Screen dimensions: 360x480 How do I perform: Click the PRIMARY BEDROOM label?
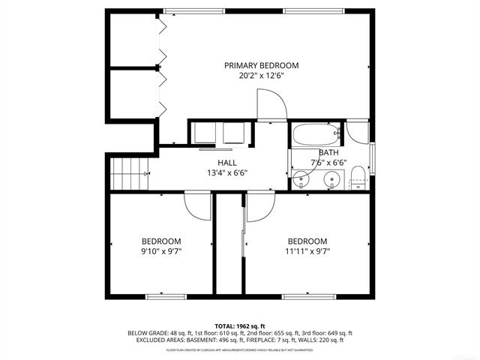[262, 65]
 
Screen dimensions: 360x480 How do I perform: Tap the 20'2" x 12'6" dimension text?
[262, 76]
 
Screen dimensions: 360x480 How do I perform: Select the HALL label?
[227, 163]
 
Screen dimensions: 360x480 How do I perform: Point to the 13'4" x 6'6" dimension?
[227, 173]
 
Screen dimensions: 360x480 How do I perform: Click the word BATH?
[328, 152]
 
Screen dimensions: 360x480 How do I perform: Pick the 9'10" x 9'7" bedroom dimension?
[161, 251]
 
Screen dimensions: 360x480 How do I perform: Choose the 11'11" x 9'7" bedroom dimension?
[307, 251]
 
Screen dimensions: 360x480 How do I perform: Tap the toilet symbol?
[357, 178]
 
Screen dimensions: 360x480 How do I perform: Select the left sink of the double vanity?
[303, 179]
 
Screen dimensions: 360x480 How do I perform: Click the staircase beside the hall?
[130, 174]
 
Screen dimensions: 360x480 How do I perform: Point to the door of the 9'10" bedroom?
[198, 205]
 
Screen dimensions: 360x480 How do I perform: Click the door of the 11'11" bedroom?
[259, 205]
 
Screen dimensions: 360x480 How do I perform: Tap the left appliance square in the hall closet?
[203, 132]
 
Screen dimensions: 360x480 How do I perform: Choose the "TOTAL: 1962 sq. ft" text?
[239, 325]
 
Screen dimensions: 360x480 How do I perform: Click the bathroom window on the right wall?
[373, 157]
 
